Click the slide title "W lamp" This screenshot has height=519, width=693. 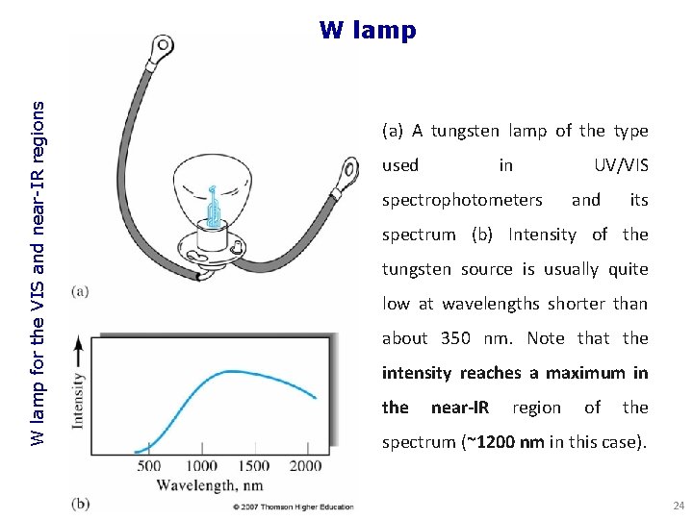(x=368, y=30)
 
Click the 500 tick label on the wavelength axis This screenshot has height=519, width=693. (x=149, y=465)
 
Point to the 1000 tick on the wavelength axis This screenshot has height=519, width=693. (x=202, y=465)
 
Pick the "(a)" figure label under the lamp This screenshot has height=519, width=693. (x=81, y=290)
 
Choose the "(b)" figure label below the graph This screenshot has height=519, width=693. (x=81, y=504)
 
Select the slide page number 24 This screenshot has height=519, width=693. (x=678, y=506)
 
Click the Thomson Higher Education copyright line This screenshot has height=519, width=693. (x=292, y=507)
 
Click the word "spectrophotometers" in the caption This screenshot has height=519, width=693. (x=462, y=200)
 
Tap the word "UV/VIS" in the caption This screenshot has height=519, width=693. (x=621, y=165)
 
